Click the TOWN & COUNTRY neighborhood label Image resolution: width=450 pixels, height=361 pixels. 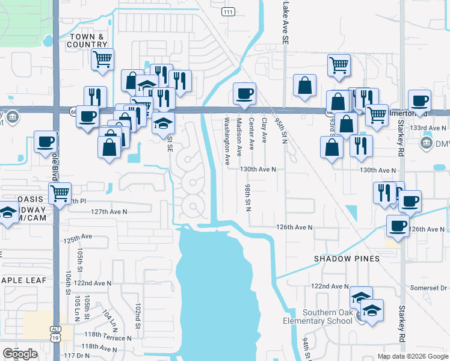(87, 40)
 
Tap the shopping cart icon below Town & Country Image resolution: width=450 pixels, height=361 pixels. (103, 60)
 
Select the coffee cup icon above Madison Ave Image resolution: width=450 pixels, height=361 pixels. (244, 94)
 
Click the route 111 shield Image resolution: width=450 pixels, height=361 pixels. (228, 12)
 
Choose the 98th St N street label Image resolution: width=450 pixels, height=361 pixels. (247, 198)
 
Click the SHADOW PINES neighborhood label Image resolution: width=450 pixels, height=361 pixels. (347, 259)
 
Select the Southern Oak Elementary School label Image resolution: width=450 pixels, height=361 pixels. (319, 316)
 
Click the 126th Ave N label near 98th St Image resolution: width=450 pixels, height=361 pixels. (294, 227)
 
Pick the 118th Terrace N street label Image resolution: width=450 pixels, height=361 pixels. (108, 338)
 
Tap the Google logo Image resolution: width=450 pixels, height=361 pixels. (20, 354)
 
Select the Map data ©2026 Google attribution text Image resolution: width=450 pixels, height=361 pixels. (412, 356)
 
